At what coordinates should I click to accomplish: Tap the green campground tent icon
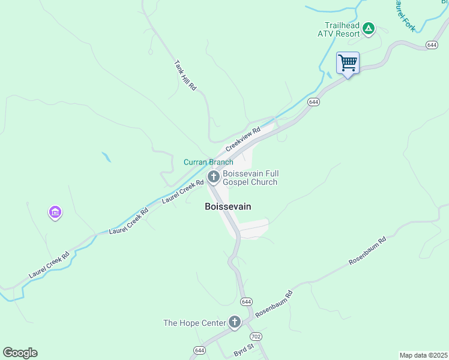(x=369, y=28)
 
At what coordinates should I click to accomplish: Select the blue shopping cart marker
(x=348, y=63)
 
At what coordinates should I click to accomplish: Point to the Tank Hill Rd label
(x=185, y=75)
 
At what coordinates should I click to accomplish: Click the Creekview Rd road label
(x=243, y=139)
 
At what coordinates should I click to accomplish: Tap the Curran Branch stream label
(x=208, y=162)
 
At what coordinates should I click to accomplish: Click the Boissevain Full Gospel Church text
(x=250, y=178)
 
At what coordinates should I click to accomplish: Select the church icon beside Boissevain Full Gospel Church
(x=213, y=176)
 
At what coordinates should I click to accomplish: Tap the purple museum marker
(x=55, y=212)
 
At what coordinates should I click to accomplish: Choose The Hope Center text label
(x=194, y=323)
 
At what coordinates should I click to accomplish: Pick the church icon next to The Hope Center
(x=234, y=323)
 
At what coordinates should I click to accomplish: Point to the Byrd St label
(x=244, y=346)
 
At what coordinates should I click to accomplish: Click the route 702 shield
(x=256, y=337)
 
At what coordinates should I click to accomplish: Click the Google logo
(x=20, y=353)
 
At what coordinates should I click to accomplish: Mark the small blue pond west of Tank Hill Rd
(x=106, y=157)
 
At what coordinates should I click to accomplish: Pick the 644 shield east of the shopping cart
(x=431, y=45)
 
